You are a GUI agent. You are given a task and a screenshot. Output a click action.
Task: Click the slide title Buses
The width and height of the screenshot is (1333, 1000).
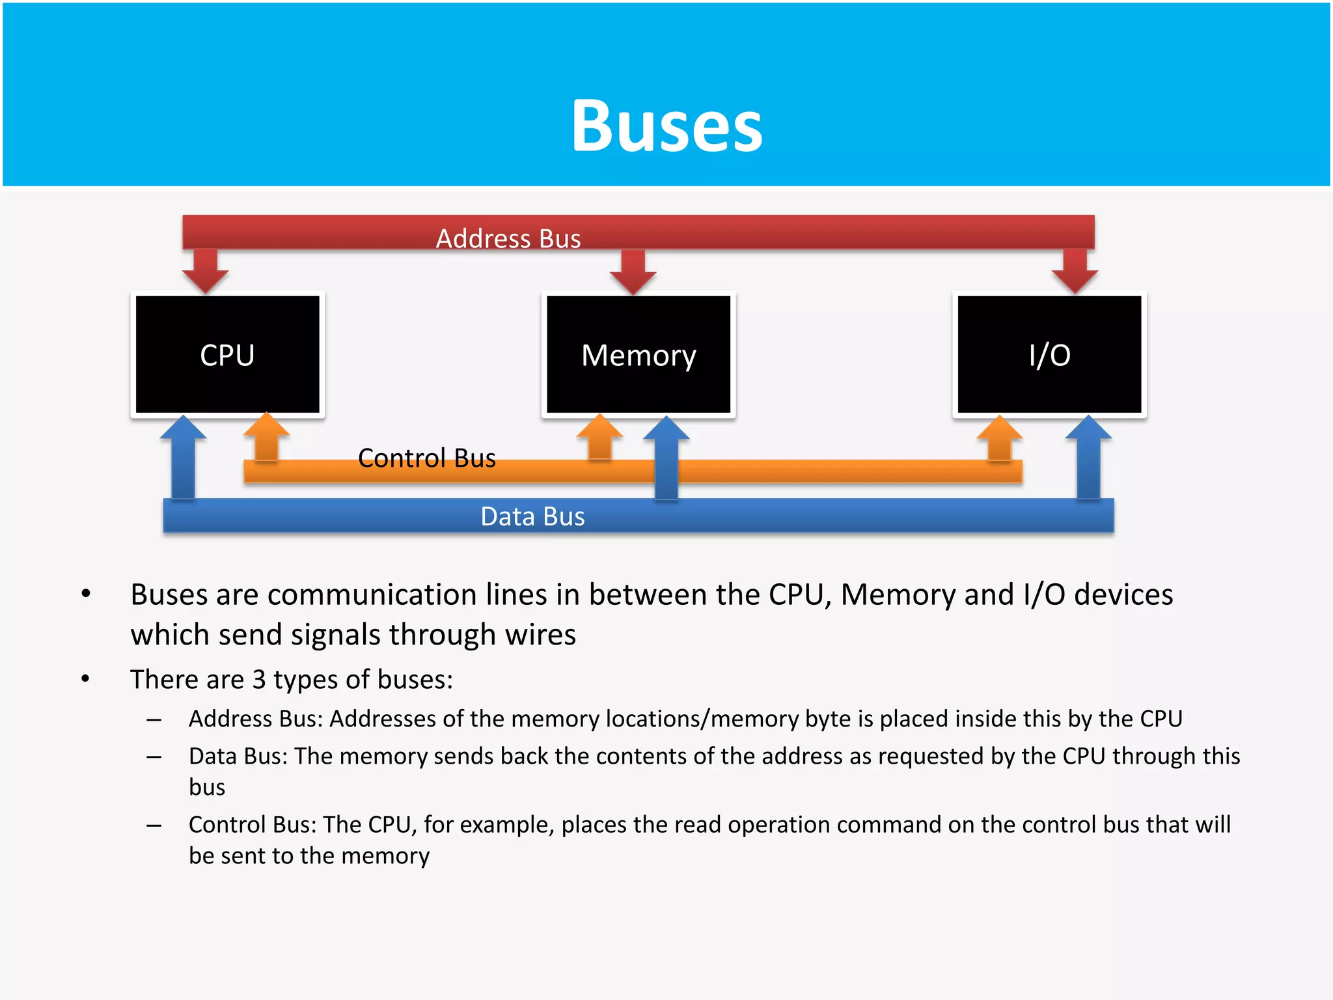pos(666,125)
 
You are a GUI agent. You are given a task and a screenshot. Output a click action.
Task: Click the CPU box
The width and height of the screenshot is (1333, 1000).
pos(227,355)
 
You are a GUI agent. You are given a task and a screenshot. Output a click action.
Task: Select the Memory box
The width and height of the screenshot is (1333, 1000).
pos(639,355)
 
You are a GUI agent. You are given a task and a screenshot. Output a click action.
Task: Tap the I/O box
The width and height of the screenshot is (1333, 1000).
pos(1049,355)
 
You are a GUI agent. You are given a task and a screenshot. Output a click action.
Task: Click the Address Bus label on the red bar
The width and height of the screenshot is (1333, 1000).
pos(508,238)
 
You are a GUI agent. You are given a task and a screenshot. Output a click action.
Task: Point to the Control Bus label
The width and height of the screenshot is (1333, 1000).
pos(426,458)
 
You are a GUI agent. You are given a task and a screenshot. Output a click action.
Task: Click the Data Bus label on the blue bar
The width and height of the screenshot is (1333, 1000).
pos(532,516)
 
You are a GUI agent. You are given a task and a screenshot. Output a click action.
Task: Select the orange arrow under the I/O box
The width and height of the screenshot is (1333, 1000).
pos(1000,438)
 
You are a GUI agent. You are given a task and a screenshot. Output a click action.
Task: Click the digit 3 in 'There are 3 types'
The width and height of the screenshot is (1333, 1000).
pos(259,680)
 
